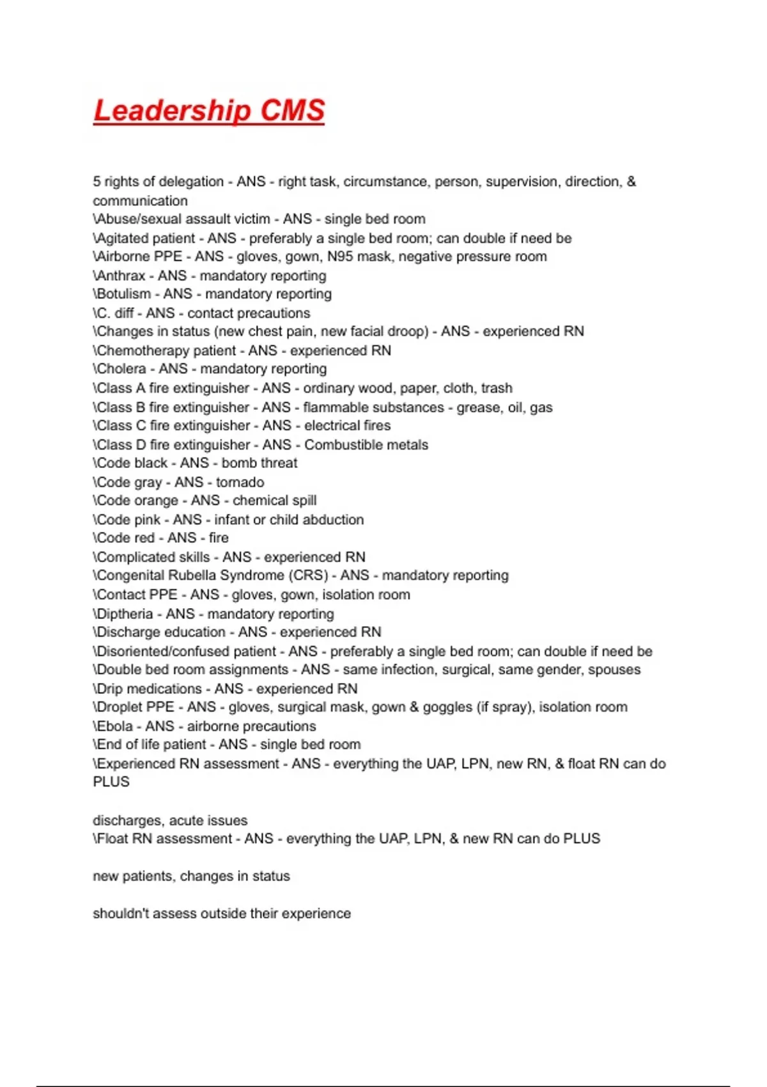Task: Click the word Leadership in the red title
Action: (171, 111)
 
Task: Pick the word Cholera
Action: (121, 369)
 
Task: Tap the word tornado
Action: (240, 482)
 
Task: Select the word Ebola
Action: (115, 726)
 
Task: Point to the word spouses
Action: (614, 670)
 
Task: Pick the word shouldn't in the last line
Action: (118, 914)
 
